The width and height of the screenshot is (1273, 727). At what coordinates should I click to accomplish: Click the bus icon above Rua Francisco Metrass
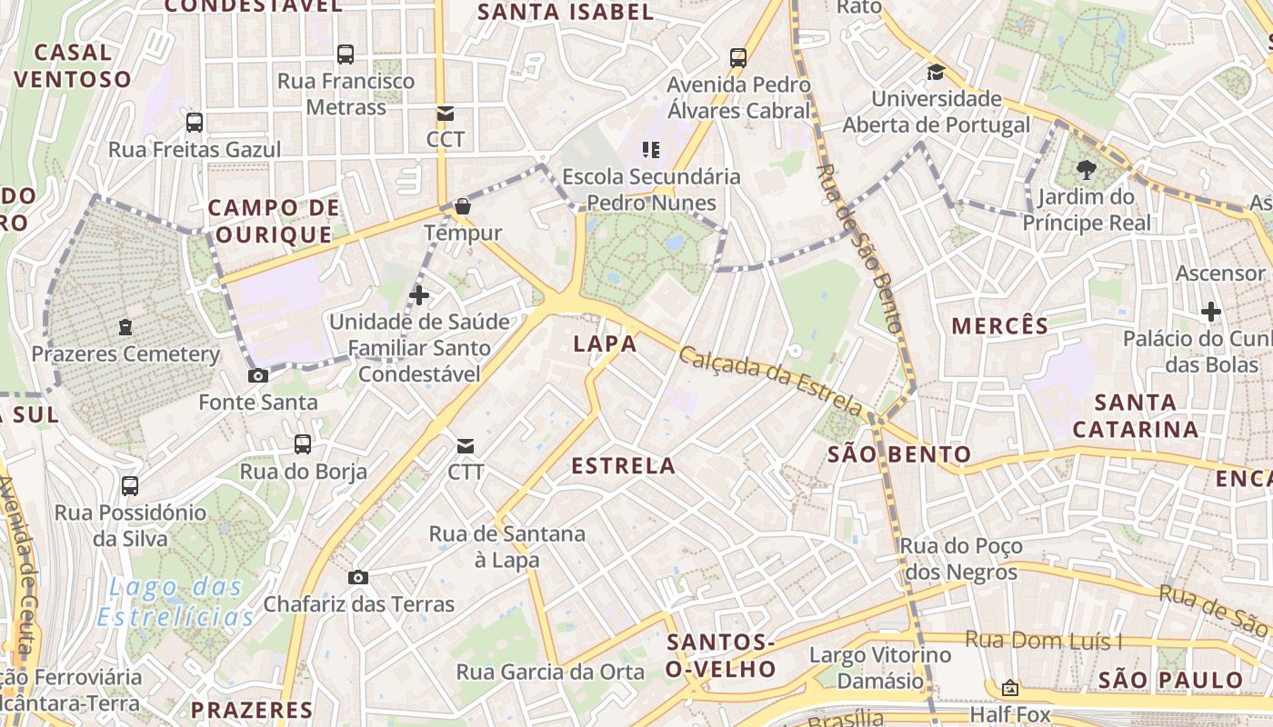tap(346, 55)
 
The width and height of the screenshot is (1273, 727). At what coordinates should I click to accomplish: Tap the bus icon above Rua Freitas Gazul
tap(195, 123)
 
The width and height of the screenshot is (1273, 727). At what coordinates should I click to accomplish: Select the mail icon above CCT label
tap(445, 114)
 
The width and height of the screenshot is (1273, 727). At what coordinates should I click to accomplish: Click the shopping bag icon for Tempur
tap(463, 207)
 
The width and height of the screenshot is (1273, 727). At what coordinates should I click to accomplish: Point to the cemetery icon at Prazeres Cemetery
tap(125, 327)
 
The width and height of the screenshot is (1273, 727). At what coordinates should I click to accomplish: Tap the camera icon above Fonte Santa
tap(258, 375)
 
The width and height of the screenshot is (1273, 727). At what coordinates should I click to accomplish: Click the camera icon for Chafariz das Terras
tap(358, 577)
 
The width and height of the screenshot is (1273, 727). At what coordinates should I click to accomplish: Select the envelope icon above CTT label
tap(466, 446)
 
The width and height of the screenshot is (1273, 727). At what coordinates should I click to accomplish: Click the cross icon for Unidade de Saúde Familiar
tap(419, 295)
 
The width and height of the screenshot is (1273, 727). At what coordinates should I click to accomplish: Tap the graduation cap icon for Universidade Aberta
tap(936, 72)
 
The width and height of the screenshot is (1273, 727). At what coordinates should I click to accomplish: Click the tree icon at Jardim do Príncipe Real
tap(1086, 169)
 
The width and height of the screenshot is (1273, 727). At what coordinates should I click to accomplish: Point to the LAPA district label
tap(605, 344)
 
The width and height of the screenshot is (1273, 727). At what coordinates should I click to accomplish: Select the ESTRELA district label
tap(623, 466)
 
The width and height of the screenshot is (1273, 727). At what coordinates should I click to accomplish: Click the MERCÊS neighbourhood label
tap(1000, 325)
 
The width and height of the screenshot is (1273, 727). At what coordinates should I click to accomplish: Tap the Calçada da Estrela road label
tap(770, 378)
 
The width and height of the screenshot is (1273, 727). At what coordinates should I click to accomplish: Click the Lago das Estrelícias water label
tap(175, 603)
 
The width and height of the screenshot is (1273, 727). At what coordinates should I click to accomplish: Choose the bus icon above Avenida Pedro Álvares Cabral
tap(738, 58)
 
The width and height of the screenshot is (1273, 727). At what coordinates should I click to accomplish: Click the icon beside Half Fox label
tap(1009, 688)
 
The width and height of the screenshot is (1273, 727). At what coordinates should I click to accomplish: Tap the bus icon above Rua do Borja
tap(303, 444)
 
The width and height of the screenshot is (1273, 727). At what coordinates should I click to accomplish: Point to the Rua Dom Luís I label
tap(1044, 641)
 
